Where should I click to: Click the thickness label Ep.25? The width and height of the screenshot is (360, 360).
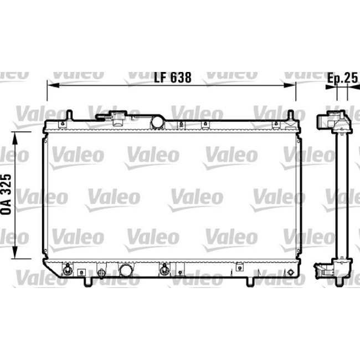[x=342, y=78]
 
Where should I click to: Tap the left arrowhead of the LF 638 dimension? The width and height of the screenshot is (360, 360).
[x=50, y=85]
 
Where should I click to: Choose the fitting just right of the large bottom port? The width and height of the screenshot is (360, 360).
[x=164, y=270]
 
